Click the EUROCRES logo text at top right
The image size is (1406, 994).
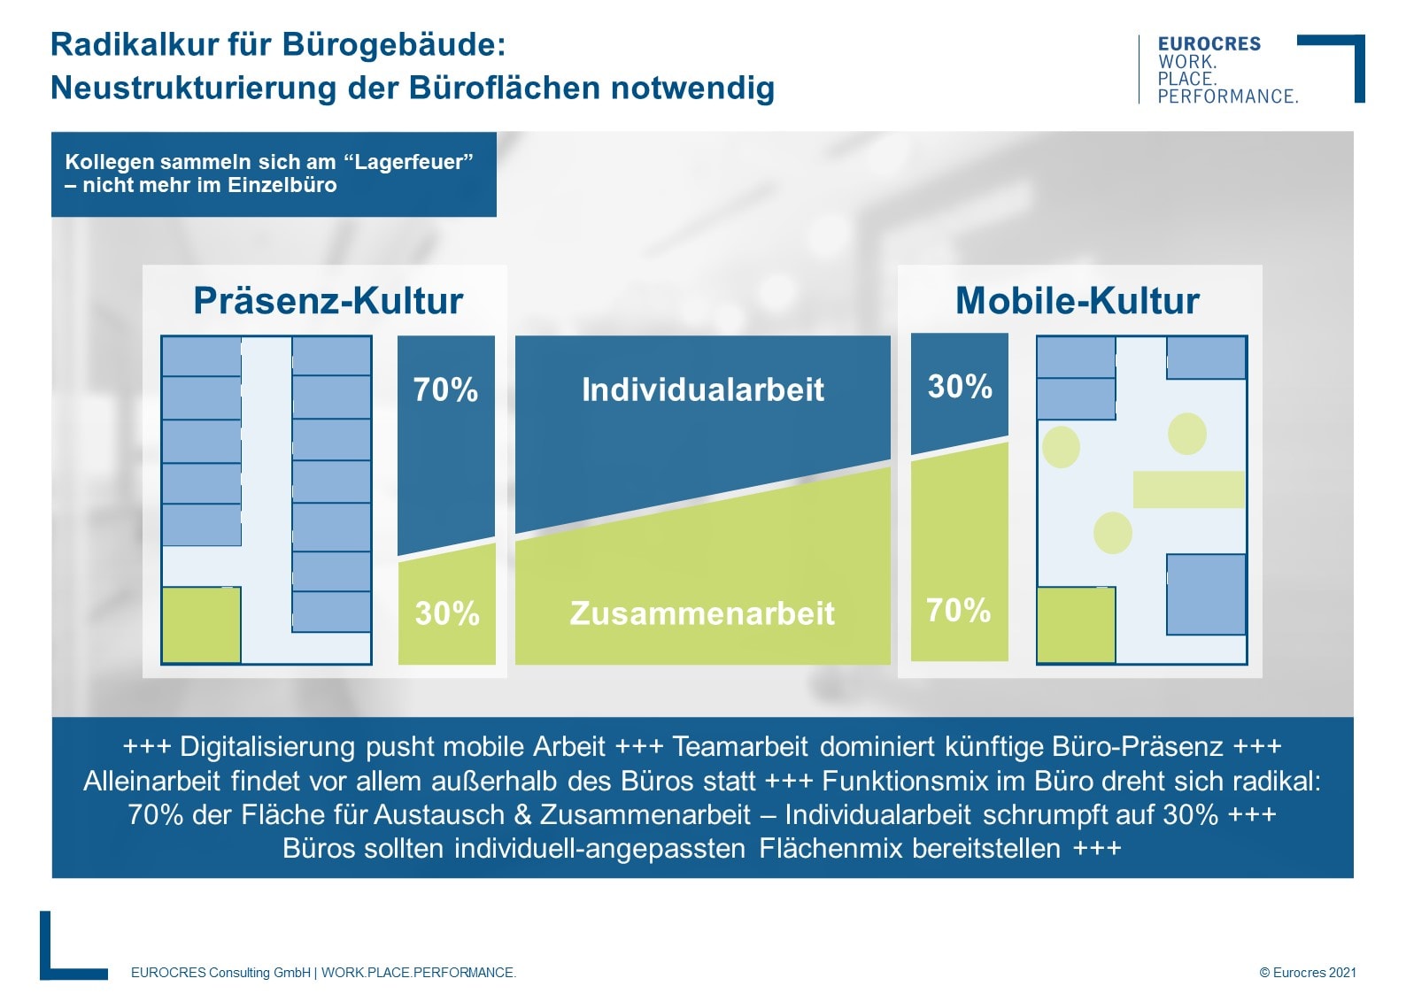tap(1209, 44)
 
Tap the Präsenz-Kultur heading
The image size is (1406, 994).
tap(328, 301)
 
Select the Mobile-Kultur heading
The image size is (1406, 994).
tap(1077, 301)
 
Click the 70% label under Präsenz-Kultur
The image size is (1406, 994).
tap(445, 389)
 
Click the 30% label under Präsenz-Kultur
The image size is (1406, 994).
tap(447, 613)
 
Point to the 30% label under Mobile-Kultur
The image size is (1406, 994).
tap(960, 387)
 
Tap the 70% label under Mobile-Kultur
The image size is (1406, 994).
tap(958, 611)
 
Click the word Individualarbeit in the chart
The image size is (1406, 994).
tap(702, 389)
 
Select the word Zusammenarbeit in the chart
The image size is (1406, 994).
tap(702, 613)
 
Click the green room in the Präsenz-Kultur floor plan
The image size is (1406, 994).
tap(201, 625)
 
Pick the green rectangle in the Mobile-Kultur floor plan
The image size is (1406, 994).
tap(1188, 489)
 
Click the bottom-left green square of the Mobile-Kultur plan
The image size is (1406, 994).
tap(1076, 625)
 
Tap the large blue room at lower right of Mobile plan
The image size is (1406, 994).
tap(1206, 594)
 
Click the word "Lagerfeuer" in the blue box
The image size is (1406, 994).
tap(408, 162)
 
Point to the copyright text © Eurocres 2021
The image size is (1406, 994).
tap(1307, 972)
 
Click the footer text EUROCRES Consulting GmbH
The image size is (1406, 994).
tap(220, 972)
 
